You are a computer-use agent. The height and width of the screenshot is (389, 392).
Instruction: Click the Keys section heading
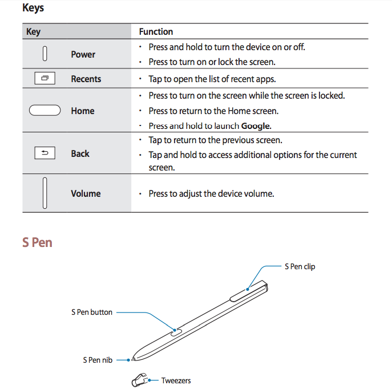click(33, 9)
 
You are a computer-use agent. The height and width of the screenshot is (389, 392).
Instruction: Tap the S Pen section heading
click(37, 242)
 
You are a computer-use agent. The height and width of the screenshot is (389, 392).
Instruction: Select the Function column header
click(156, 32)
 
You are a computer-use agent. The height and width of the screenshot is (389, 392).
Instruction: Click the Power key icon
click(45, 54)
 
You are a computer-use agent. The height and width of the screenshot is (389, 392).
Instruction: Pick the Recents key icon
click(45, 79)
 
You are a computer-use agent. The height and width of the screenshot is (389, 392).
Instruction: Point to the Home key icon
click(45, 111)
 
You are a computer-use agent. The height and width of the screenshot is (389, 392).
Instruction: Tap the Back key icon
click(45, 153)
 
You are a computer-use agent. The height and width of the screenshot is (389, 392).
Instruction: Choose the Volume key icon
click(45, 193)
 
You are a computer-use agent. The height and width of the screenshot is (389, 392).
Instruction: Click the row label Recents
click(86, 79)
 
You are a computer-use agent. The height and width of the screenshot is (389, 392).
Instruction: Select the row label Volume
click(86, 193)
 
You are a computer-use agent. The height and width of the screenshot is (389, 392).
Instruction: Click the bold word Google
click(255, 126)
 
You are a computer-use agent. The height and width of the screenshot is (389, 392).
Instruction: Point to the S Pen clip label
click(300, 266)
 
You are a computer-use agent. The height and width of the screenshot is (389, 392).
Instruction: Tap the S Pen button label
click(92, 312)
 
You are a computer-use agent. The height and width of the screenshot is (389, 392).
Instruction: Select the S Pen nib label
click(98, 360)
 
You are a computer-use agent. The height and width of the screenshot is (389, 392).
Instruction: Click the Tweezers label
click(176, 380)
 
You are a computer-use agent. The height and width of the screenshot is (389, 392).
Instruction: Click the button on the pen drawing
click(177, 330)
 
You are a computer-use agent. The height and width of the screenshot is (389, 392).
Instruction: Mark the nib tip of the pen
click(132, 359)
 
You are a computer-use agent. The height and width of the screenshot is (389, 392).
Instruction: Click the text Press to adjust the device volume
click(211, 193)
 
